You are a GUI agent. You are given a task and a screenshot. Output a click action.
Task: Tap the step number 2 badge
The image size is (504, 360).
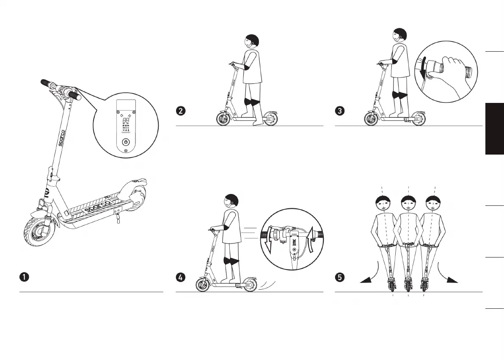(x=180, y=111)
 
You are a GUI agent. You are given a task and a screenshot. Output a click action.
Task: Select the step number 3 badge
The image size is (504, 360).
(x=339, y=111)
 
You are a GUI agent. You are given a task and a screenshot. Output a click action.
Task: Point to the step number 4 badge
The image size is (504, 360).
(x=180, y=277)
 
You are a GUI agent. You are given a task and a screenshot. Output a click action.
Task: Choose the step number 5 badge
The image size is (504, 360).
(x=339, y=277)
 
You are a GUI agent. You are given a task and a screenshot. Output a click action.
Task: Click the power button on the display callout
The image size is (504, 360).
(x=125, y=142)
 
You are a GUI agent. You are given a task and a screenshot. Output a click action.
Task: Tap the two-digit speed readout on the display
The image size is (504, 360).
(x=126, y=120)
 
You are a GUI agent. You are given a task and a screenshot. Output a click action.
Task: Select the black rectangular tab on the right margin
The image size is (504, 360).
(x=495, y=129)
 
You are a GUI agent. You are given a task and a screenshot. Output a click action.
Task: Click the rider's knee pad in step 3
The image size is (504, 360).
(x=399, y=95)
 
